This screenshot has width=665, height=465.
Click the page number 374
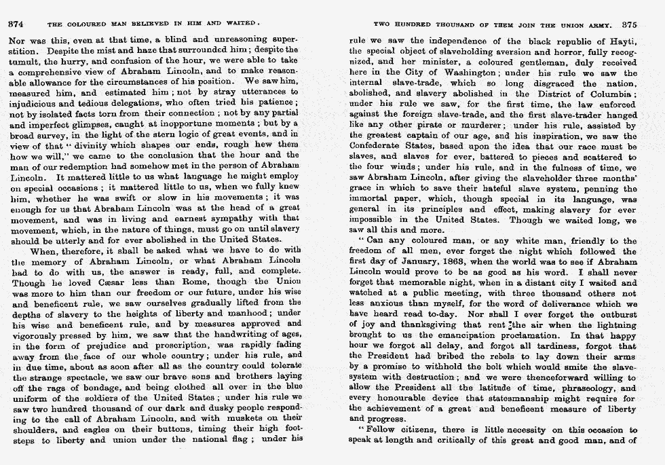(x=16, y=23)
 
